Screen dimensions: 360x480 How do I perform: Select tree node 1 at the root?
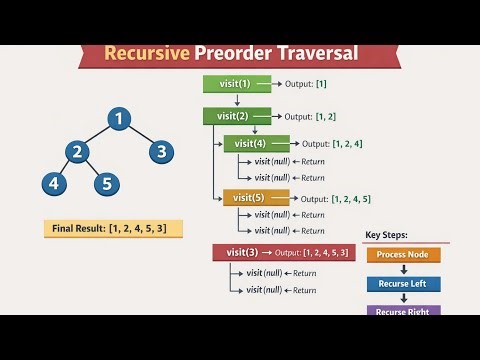tap(118, 120)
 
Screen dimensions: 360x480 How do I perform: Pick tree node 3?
tap(162, 152)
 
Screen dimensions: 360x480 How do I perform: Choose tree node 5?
tap(108, 184)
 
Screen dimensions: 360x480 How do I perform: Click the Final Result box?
tap(114, 229)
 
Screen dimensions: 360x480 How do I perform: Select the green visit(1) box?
tap(232, 84)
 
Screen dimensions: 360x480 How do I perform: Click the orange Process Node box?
tap(403, 255)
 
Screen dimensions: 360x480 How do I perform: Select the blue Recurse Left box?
tap(403, 284)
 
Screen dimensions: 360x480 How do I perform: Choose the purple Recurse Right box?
tap(403, 310)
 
